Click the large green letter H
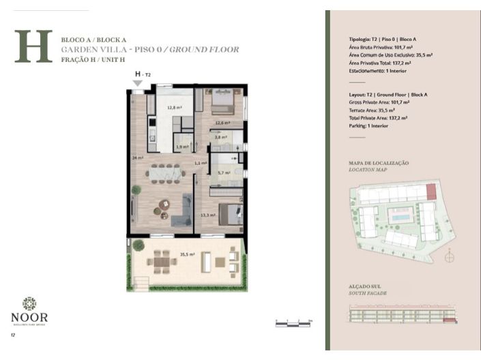(x=33, y=46)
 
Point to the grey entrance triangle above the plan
(x=138, y=82)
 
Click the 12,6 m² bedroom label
(x=220, y=123)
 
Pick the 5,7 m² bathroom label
(x=223, y=172)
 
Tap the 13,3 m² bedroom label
(x=207, y=215)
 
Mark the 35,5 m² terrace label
(x=186, y=254)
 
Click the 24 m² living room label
(x=137, y=157)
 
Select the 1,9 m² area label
(x=181, y=147)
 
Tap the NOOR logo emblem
(x=29, y=303)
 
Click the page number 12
(x=12, y=335)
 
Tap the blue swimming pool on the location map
(x=398, y=217)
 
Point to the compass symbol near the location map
(x=448, y=258)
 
